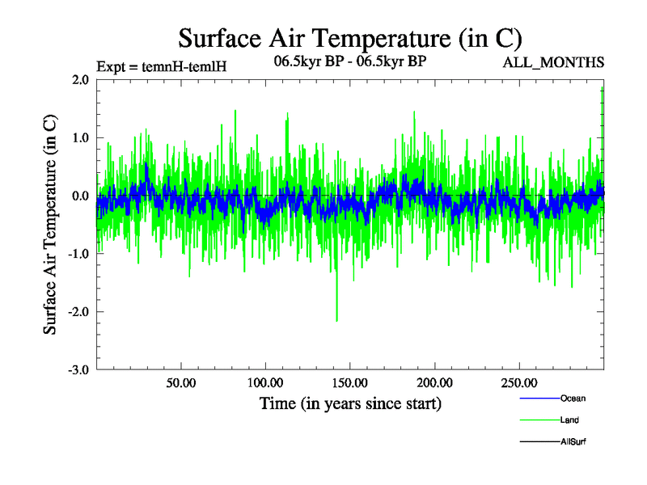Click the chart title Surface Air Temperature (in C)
[349, 37]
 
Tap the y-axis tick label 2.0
[80, 80]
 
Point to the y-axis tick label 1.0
[80, 138]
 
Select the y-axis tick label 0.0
[80, 196]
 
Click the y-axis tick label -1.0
[78, 254]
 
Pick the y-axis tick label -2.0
[78, 312]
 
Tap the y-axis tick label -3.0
[78, 369]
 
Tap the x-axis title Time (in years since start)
[350, 403]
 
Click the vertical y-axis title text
[50, 225]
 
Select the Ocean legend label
[573, 399]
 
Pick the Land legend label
[569, 420]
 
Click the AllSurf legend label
[573, 442]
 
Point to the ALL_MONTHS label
[554, 63]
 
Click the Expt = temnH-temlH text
[161, 65]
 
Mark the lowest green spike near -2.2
[336, 321]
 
